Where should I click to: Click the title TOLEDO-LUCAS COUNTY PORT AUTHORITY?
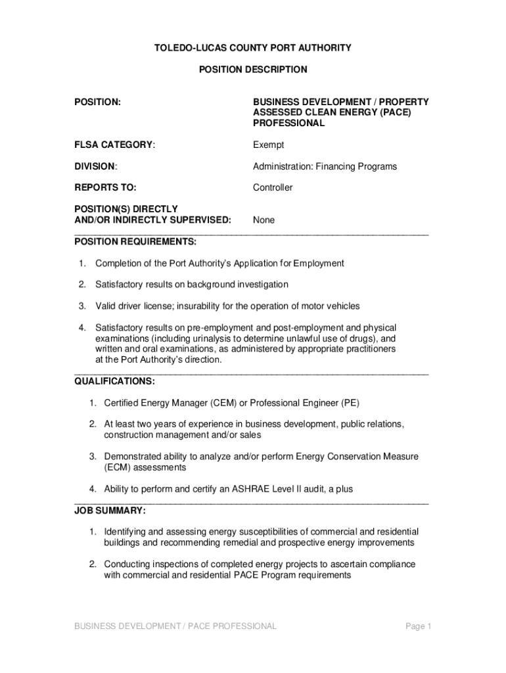(x=253, y=48)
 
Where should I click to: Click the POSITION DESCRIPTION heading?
(x=253, y=69)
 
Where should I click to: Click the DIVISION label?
(x=96, y=166)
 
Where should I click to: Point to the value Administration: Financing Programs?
(x=325, y=166)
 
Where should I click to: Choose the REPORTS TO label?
(x=105, y=187)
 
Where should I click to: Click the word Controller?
(x=273, y=187)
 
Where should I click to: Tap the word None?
(x=264, y=220)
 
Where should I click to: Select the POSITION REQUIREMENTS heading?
(x=135, y=241)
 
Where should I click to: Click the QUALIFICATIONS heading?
(x=115, y=381)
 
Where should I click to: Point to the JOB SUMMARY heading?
(x=110, y=511)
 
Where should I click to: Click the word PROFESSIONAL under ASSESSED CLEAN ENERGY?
(x=289, y=123)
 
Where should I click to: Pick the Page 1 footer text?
(x=418, y=626)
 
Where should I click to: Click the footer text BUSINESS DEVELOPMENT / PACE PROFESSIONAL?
(x=175, y=626)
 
